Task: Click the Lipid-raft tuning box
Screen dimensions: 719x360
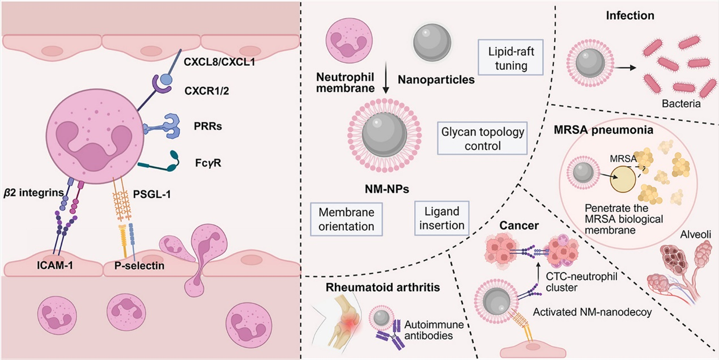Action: click(x=510, y=57)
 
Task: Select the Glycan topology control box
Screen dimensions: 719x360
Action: click(x=482, y=138)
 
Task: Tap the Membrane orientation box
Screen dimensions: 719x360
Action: click(x=346, y=219)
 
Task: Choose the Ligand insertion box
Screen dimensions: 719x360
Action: click(x=442, y=218)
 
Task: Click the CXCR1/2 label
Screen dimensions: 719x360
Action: click(x=207, y=91)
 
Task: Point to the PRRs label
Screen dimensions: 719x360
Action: click(x=208, y=126)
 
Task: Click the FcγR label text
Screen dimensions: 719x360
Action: click(x=208, y=163)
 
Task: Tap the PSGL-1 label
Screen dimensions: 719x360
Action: click(x=152, y=194)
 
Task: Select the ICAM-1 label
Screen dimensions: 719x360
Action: click(x=54, y=265)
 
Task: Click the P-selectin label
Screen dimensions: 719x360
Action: click(x=139, y=265)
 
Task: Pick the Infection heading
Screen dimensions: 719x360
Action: click(x=630, y=15)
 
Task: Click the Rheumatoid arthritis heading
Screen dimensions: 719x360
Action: click(x=382, y=287)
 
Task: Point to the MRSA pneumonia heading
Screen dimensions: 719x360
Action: click(x=603, y=130)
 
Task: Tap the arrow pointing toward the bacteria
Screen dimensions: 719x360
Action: click(x=626, y=68)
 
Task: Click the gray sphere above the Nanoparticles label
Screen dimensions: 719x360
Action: click(x=432, y=43)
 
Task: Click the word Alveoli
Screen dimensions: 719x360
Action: click(x=696, y=235)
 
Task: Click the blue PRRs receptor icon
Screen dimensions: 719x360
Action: click(x=162, y=126)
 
